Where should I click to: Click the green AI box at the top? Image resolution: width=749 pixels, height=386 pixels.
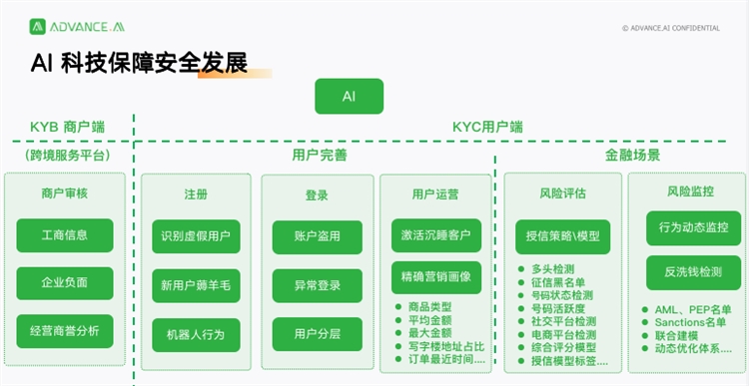pos(349,96)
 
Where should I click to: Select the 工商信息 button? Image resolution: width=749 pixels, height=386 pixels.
pos(65,235)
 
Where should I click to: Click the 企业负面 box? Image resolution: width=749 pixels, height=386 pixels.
pos(65,283)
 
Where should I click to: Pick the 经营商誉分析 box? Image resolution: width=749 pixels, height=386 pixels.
pos(65,330)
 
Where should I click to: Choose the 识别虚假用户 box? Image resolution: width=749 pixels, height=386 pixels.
pos(196,236)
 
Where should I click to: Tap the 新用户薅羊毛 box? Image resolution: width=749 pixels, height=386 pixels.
pos(196,285)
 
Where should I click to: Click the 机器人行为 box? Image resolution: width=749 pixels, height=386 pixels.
pos(196,334)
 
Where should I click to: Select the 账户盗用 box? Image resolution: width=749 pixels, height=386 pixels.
pos(317,236)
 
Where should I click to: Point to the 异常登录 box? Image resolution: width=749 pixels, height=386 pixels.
pos(317,285)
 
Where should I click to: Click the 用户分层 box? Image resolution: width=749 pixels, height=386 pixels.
pos(317,334)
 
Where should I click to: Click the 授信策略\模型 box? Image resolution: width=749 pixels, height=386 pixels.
pos(563,236)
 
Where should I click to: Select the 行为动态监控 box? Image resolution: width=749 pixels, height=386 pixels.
pos(686,227)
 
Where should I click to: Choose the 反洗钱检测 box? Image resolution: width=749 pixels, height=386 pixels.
pos(686,271)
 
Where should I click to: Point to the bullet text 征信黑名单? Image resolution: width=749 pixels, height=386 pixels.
pos(561,282)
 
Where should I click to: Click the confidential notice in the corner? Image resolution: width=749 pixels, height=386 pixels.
pos(670,28)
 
